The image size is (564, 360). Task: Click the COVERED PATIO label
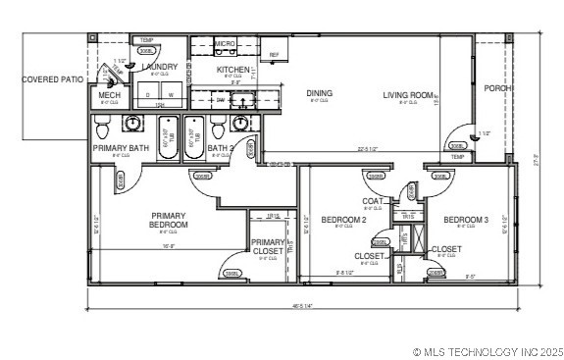[x=52, y=78]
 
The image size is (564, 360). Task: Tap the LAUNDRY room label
[x=159, y=67]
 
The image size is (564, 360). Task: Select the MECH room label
[x=110, y=95]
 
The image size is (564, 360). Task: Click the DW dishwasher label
[x=220, y=100]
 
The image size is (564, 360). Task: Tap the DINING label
[x=319, y=93]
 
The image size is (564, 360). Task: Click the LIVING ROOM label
[x=408, y=95]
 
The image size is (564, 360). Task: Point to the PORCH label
[x=497, y=87]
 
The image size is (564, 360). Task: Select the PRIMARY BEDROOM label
[x=169, y=220]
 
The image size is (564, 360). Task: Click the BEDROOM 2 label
[x=343, y=220]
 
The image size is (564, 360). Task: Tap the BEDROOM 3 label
[x=466, y=220]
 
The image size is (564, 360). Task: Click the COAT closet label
[x=373, y=201]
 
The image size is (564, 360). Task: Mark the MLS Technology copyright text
[x=487, y=350]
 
